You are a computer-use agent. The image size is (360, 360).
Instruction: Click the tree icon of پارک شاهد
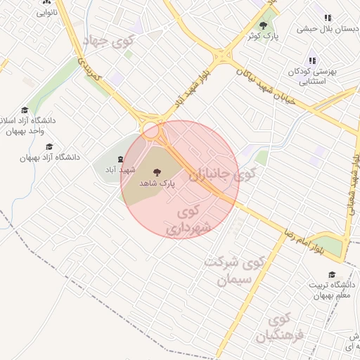coord(157,170)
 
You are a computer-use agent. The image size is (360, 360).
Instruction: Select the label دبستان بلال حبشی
coord(328,29)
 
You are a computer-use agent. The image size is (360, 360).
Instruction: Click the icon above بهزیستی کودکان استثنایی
coord(312,61)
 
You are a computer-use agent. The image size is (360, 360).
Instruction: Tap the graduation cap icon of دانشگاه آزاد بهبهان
coord(49,146)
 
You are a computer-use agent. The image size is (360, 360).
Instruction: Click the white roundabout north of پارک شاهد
coord(151,129)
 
